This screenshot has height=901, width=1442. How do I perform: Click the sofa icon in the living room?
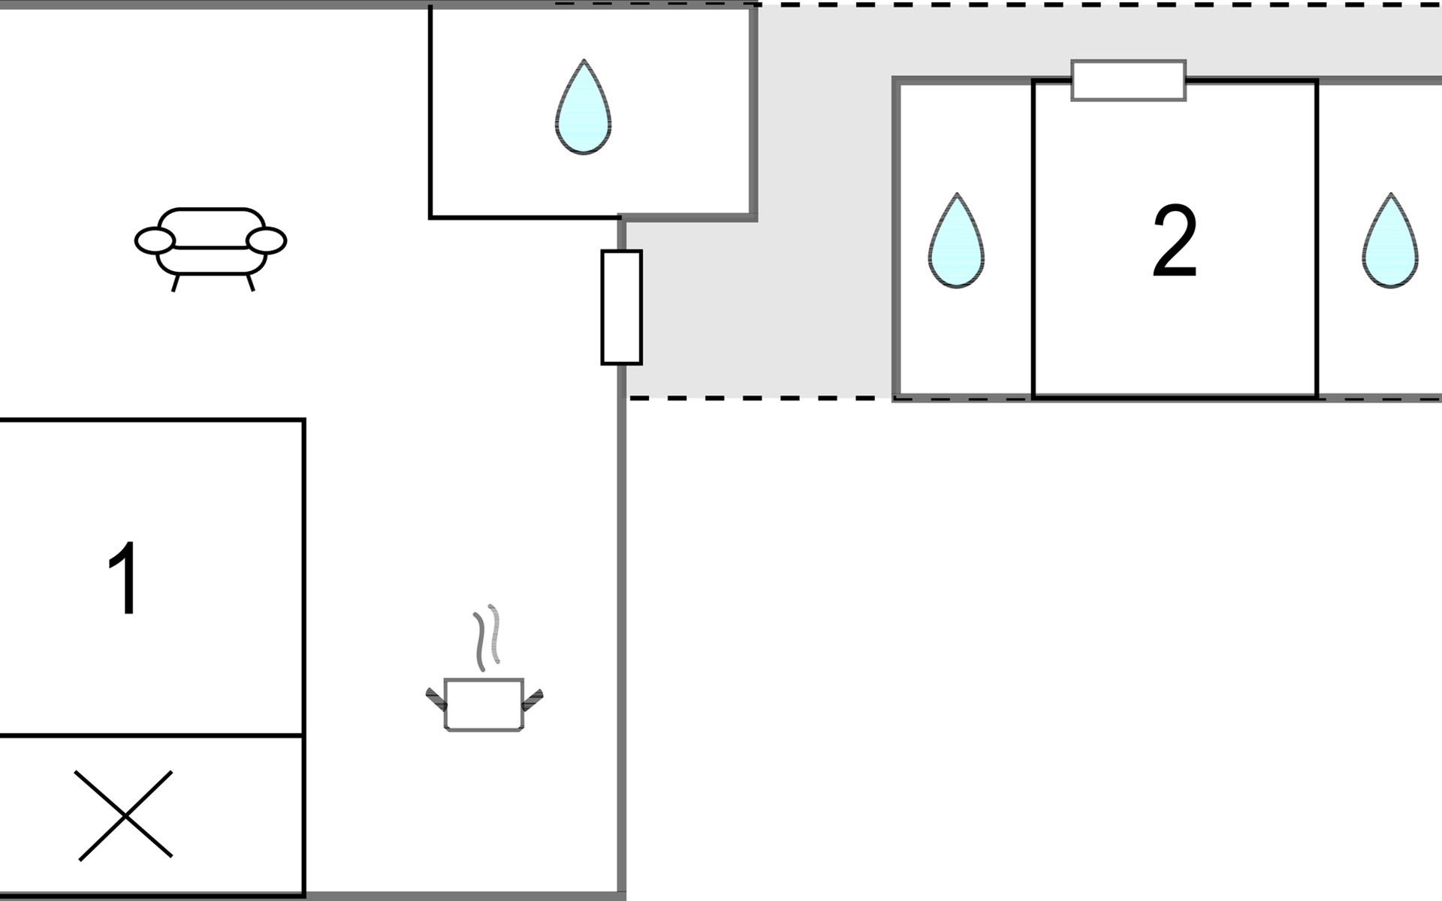[x=210, y=248]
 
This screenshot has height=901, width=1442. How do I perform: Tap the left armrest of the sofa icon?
[x=155, y=240]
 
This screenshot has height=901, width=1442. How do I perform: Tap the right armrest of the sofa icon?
[x=267, y=240]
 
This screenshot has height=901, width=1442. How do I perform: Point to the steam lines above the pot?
[x=487, y=638]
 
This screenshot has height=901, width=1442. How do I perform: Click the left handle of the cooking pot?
[x=436, y=699]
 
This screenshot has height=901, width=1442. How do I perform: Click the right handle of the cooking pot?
[x=532, y=699]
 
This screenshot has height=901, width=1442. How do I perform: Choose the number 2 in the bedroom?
[x=1175, y=242]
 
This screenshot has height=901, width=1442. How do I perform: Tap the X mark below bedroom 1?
[x=125, y=815]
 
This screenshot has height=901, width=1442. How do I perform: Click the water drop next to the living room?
[x=583, y=107]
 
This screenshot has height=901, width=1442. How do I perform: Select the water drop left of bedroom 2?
[x=956, y=240]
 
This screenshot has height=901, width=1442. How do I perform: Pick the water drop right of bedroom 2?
[x=1390, y=240]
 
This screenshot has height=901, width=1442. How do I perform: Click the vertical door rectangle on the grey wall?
[x=622, y=307]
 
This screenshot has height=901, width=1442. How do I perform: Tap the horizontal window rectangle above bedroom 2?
[x=1129, y=80]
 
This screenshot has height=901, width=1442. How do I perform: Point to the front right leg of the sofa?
[x=251, y=282]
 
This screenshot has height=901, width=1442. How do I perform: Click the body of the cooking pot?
[x=484, y=704]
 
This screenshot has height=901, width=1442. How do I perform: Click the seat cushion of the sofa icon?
[x=210, y=260]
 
